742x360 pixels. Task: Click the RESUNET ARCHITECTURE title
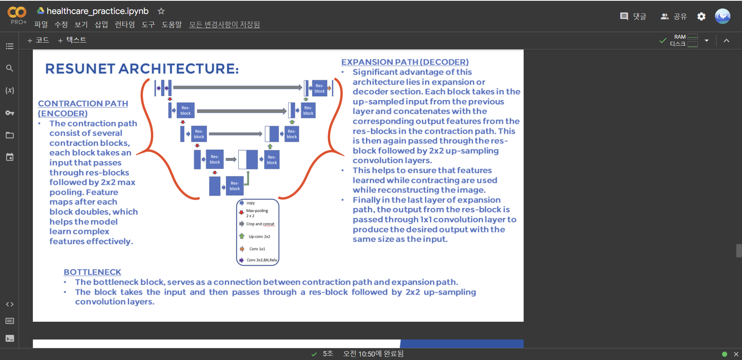pos(142,69)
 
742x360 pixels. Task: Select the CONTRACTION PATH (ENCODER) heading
pos(83,108)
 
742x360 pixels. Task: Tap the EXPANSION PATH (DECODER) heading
pos(405,62)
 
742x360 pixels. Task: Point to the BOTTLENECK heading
pos(92,272)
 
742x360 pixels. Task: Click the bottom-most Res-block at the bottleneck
pos(235,186)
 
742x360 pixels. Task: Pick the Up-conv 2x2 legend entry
pos(259,236)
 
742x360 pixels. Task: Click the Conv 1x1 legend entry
pos(257,249)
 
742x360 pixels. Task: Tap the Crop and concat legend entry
pos(260,224)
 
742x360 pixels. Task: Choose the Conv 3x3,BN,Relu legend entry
pos(261,260)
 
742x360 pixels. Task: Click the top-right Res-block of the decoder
pos(320,89)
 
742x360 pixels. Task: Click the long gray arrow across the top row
pos(237,87)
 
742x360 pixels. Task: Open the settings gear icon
pos(701,16)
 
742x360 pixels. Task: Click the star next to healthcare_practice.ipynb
pos(161,11)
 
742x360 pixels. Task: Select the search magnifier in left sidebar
pos(10,68)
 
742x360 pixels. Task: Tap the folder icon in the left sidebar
pos(10,135)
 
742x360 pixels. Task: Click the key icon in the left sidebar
pos(10,113)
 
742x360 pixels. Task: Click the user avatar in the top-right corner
pos(722,16)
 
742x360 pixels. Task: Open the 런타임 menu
pos(125,25)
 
